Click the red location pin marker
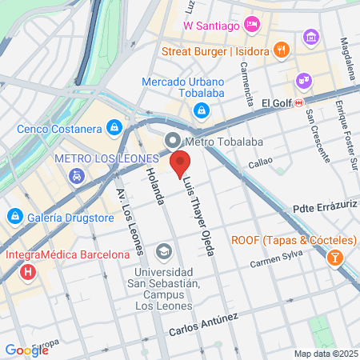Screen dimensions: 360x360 (180, 163)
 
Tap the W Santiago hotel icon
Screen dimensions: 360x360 (251, 25)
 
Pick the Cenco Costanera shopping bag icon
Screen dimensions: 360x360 (115, 127)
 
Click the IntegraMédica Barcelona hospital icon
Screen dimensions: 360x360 (29, 272)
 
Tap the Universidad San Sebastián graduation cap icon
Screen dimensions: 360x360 (164, 252)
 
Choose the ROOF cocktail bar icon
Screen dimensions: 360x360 (334, 258)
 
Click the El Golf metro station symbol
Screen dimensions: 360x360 (298, 103)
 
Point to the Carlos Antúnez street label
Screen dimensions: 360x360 (203, 325)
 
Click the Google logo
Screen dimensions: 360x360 (27, 350)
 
